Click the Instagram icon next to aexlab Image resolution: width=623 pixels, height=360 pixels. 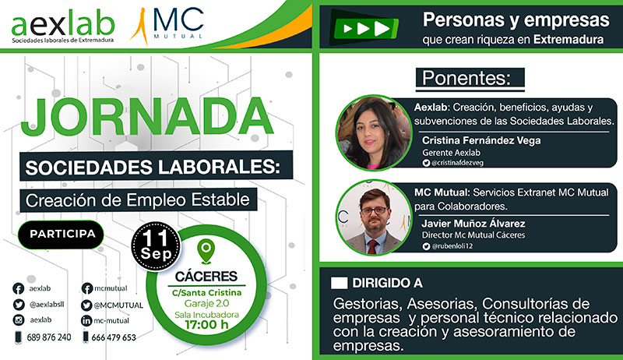tap(19, 321)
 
